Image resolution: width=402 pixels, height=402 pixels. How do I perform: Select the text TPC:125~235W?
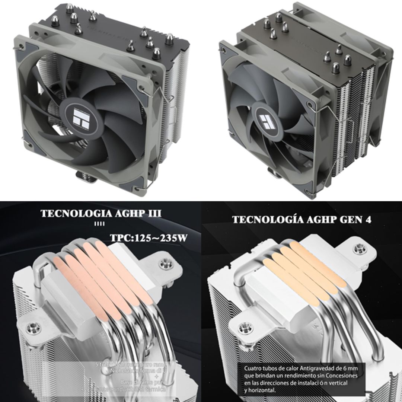pos(148,238)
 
